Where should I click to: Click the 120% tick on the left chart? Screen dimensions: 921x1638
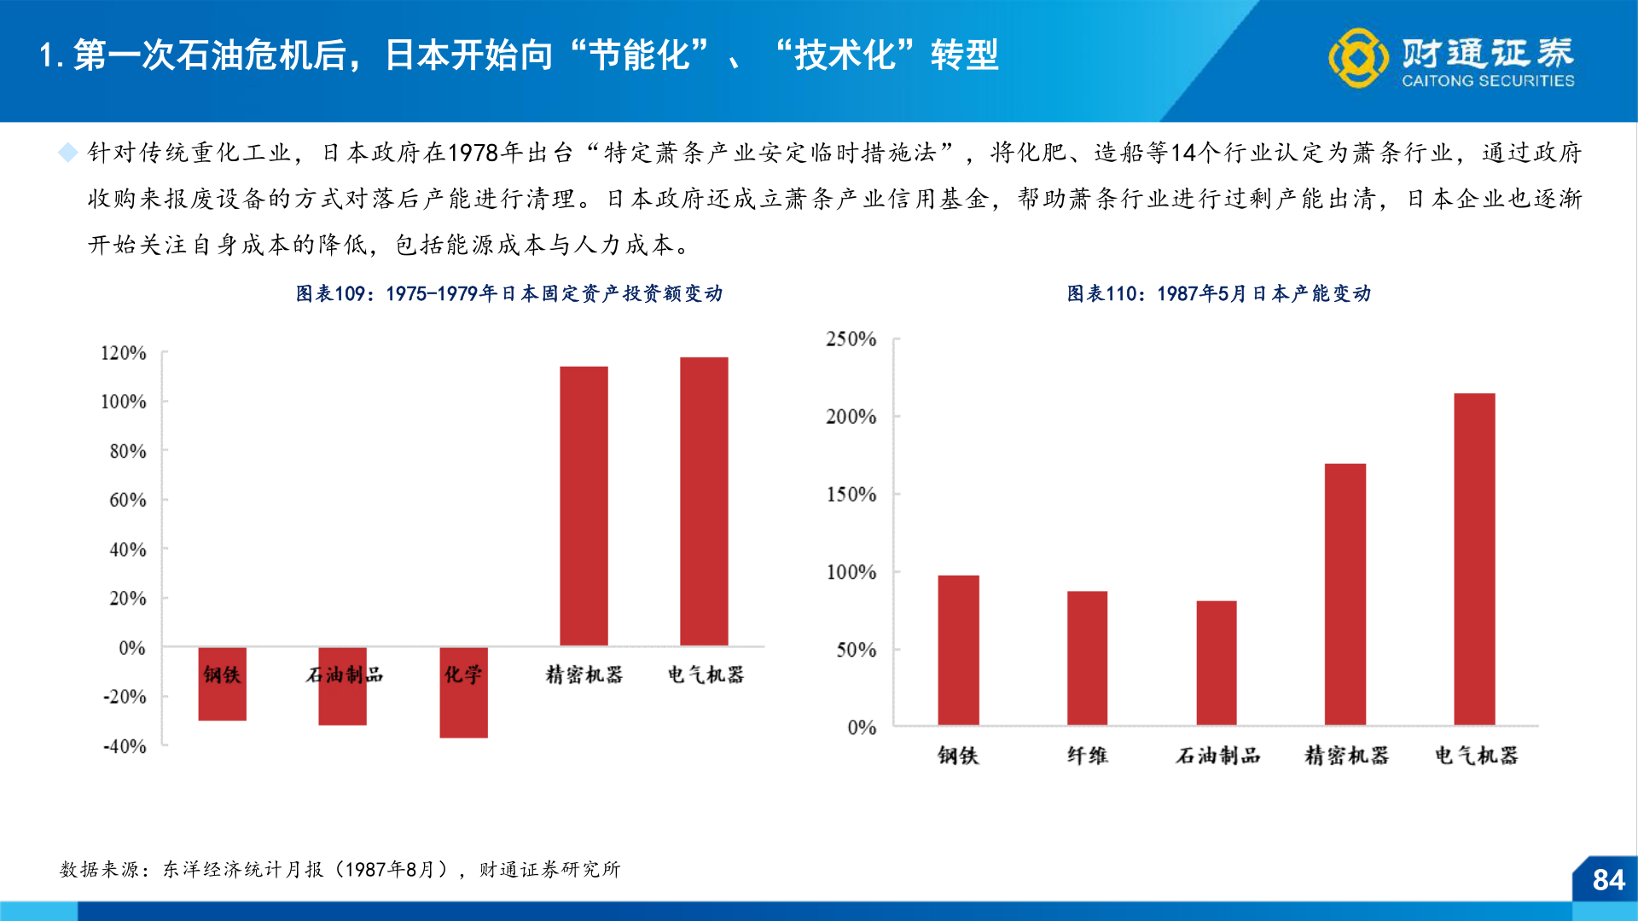tap(124, 353)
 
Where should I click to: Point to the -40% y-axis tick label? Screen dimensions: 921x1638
tap(125, 747)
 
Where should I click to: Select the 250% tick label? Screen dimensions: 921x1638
tap(851, 339)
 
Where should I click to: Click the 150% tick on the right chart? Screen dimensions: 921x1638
tap(851, 495)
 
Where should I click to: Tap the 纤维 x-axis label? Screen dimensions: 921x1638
tap(1087, 756)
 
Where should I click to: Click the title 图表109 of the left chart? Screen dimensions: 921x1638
tap(508, 293)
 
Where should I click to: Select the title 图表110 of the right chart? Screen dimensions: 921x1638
tap(1218, 293)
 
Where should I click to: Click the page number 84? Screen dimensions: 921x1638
tap(1608, 880)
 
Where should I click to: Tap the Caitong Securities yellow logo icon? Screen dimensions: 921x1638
tap(1357, 58)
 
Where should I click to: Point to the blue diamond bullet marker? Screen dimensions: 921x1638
tap(67, 153)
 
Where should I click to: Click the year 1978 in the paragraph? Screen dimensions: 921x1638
tap(473, 153)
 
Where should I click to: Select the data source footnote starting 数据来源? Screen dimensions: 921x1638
tap(340, 869)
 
